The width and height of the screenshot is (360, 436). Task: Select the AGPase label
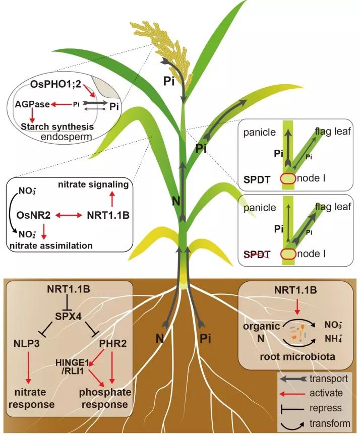point(31,104)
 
